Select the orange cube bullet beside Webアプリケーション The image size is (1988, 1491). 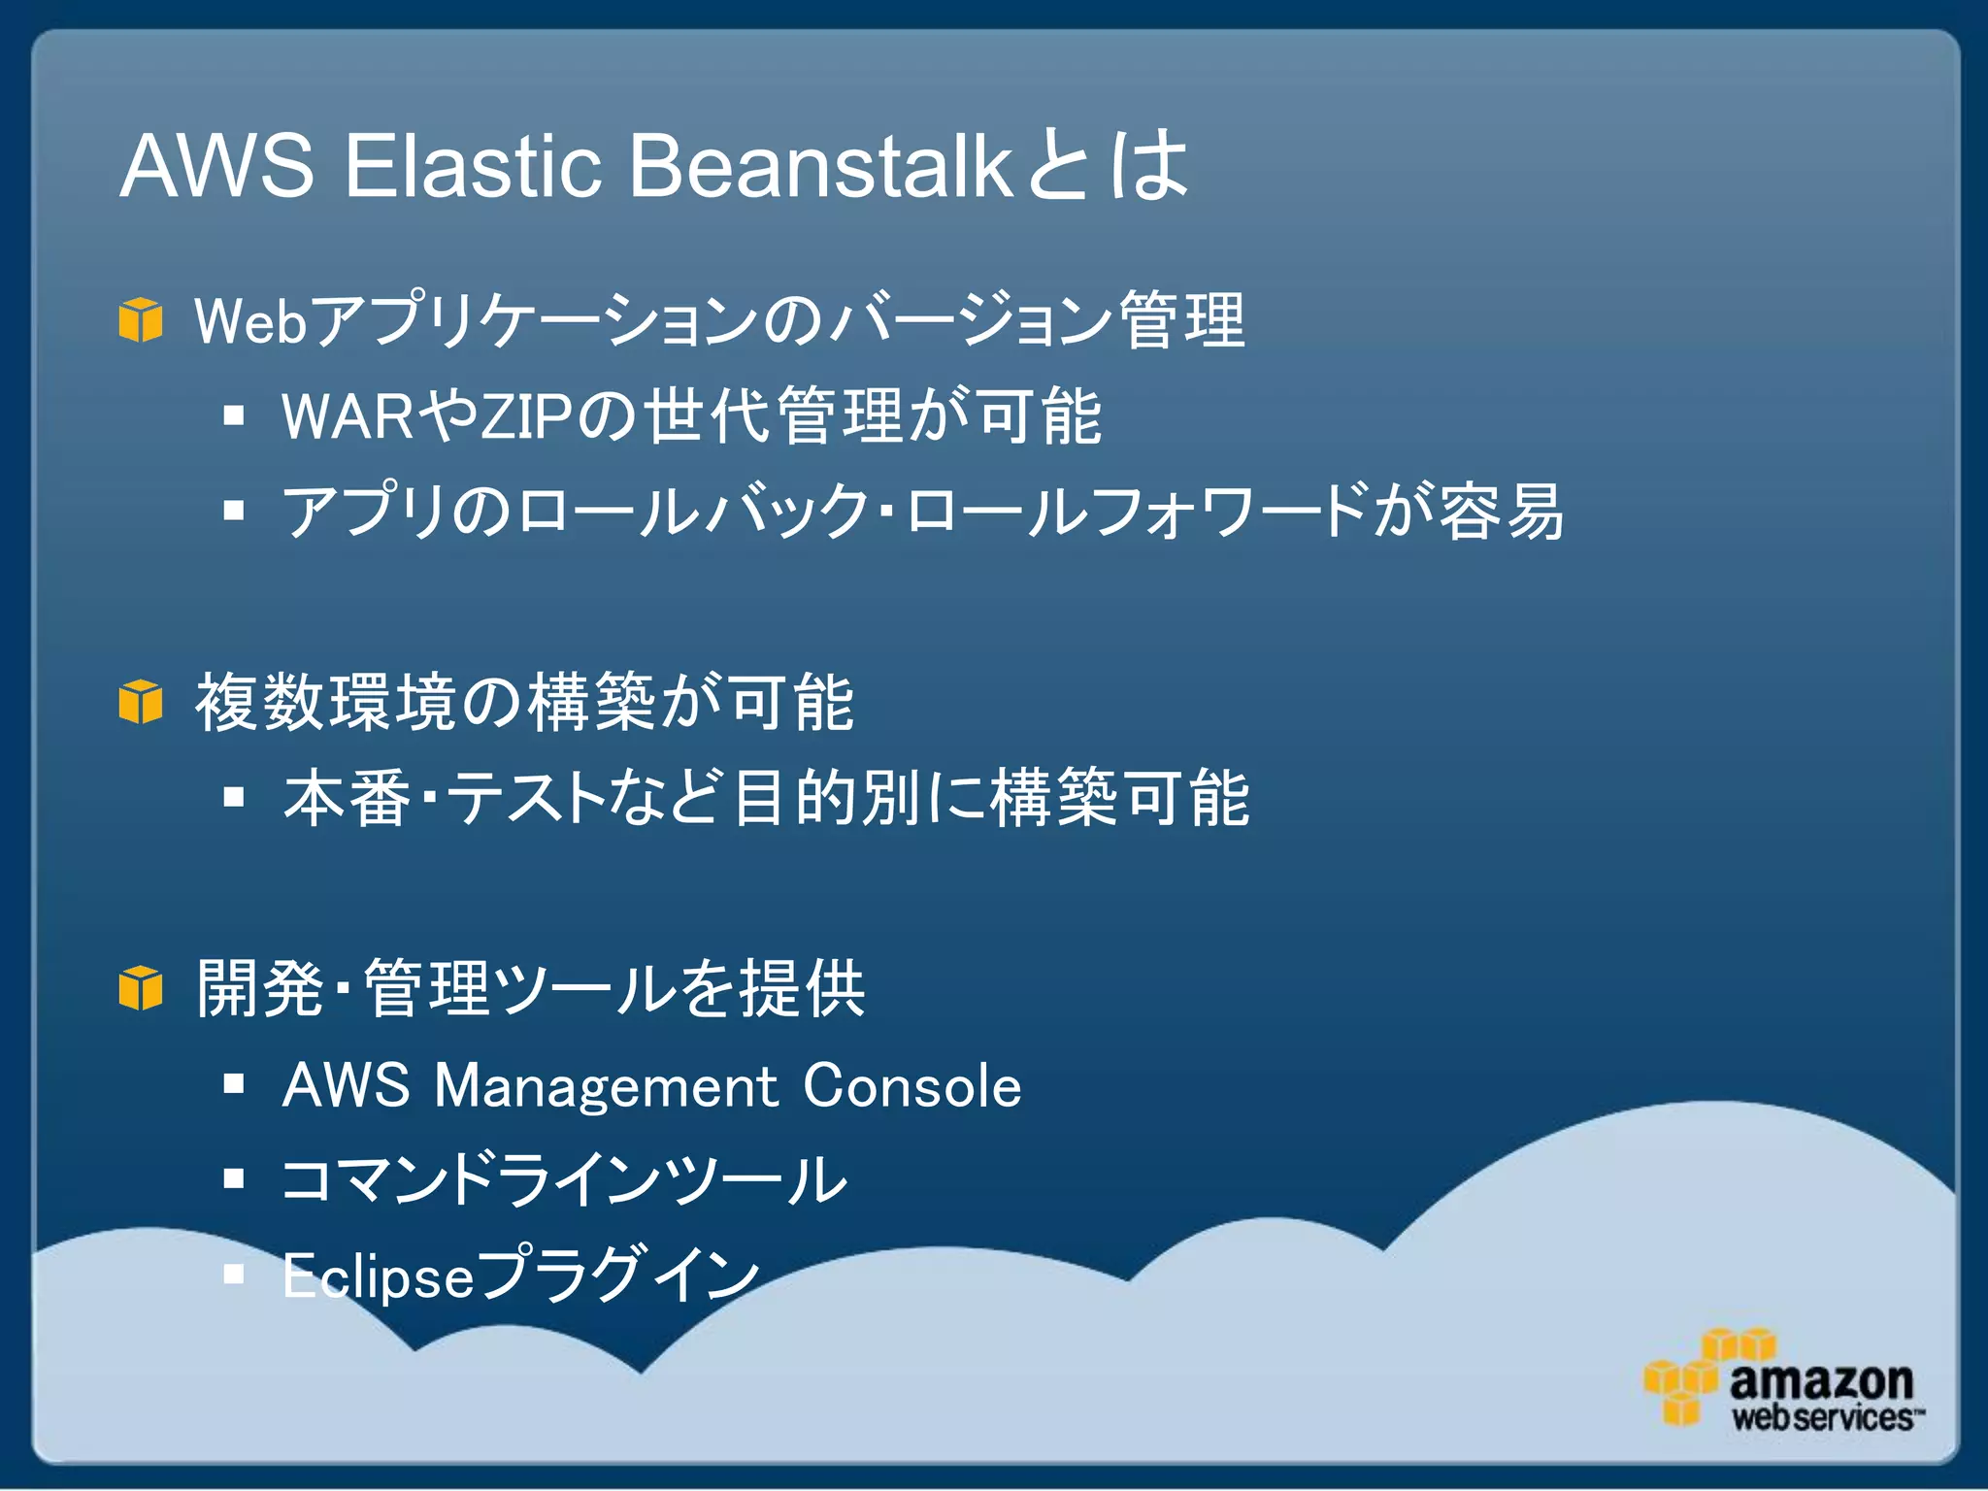(141, 320)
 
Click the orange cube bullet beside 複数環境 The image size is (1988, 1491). (141, 702)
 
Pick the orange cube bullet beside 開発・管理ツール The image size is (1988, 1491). (141, 988)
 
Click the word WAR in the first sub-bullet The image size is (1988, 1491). (348, 417)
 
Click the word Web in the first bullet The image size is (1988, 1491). (251, 321)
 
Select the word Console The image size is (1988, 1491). (911, 1085)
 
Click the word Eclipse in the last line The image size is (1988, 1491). (378, 1276)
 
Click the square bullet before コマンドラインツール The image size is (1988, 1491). (233, 1178)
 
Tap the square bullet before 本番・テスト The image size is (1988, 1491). (233, 798)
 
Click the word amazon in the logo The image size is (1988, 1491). (1820, 1379)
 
